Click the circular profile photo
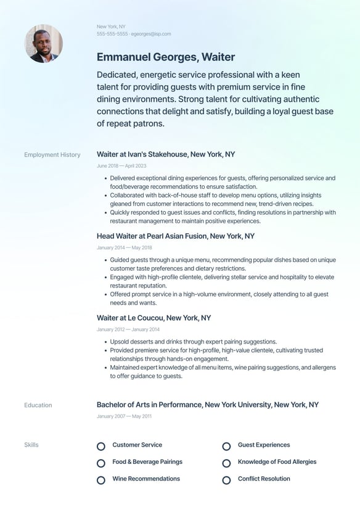click(43, 43)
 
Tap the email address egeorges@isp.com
click(151, 34)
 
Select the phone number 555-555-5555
click(112, 34)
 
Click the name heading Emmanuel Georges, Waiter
click(166, 57)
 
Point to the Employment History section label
click(52, 155)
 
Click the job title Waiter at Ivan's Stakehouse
click(166, 154)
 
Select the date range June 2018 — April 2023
click(121, 166)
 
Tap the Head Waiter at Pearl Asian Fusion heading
click(176, 236)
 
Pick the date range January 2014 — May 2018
click(125, 248)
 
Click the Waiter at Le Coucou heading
click(153, 318)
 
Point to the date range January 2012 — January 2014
click(128, 329)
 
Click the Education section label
click(38, 405)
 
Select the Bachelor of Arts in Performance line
click(208, 405)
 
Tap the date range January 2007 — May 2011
click(124, 416)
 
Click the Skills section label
click(31, 445)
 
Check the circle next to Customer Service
click(101, 446)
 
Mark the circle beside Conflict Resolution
click(226, 480)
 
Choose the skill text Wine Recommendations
click(146, 479)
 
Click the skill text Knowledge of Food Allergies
click(277, 462)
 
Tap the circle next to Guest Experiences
click(226, 446)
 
